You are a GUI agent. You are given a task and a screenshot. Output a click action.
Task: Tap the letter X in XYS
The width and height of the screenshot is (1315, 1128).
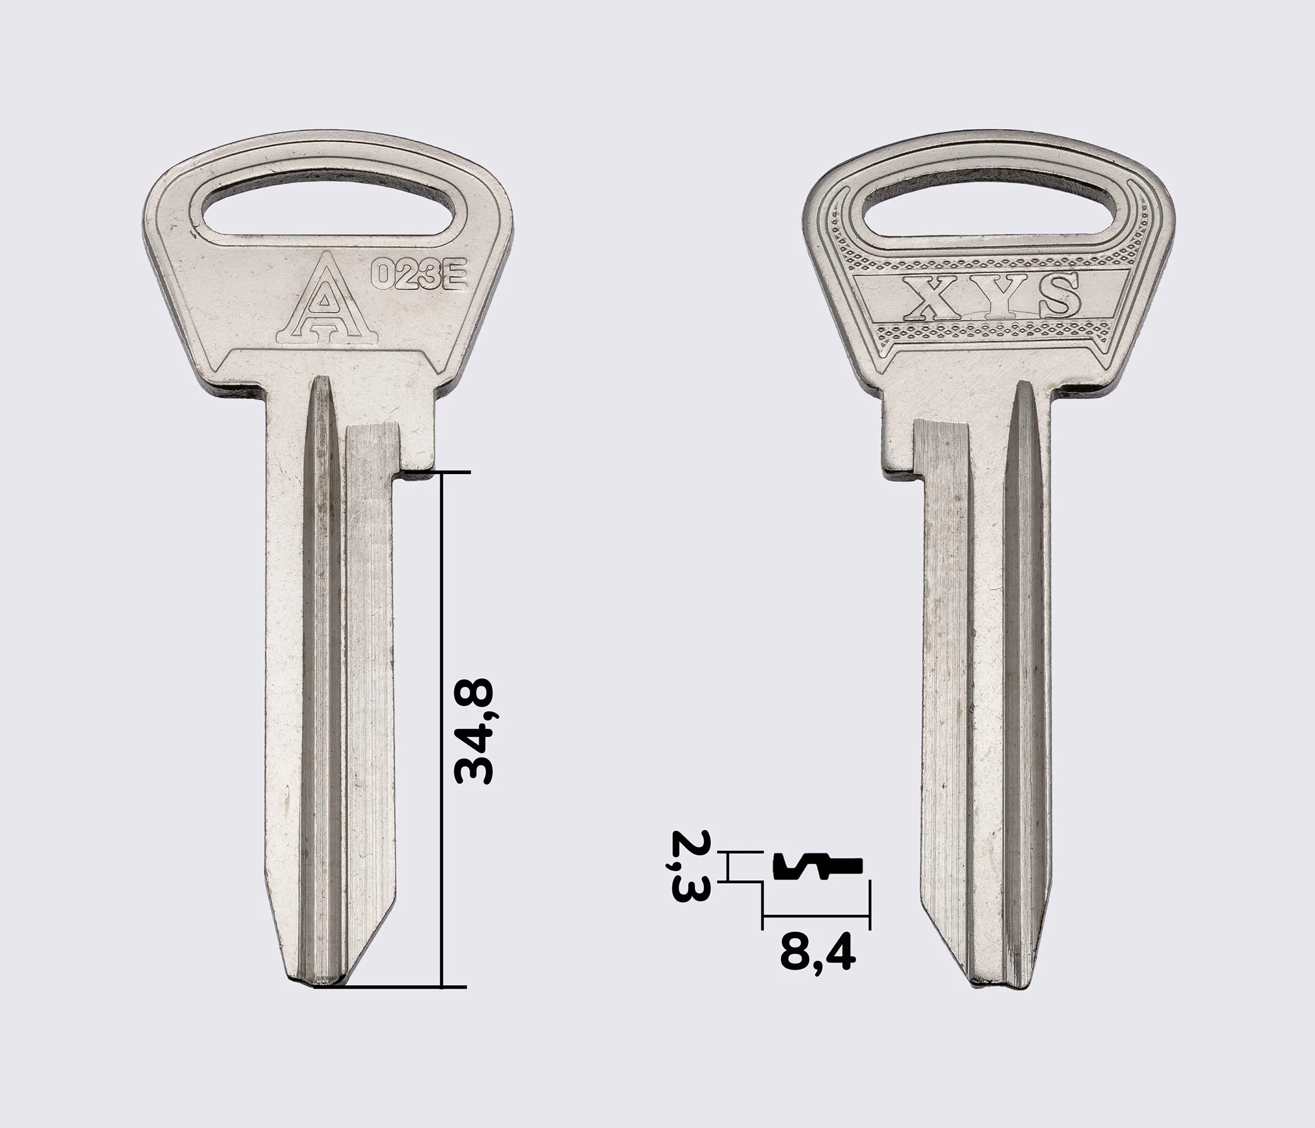point(930,296)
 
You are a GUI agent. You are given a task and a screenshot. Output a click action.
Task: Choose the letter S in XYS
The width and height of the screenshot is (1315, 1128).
point(1056,295)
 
